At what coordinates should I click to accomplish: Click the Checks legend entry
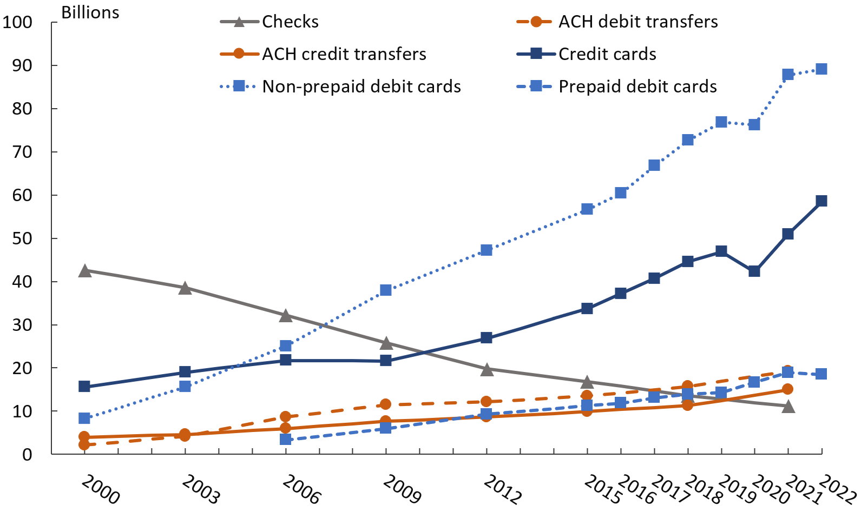click(290, 22)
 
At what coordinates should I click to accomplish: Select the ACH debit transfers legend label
click(637, 22)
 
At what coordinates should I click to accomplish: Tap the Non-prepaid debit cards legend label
click(361, 87)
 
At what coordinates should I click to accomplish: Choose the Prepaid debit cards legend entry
click(637, 87)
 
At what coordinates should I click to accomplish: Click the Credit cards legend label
click(607, 54)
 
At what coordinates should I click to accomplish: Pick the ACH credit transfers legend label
click(344, 54)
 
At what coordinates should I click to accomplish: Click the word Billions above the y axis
click(90, 12)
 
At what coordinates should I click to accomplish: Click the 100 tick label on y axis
click(17, 23)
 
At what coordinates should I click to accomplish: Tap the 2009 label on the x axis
click(402, 489)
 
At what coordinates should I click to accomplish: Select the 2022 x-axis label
click(838, 489)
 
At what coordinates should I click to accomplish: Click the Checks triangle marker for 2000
click(84, 271)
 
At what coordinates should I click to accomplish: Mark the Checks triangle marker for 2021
click(788, 406)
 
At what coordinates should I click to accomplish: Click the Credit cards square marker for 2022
click(821, 201)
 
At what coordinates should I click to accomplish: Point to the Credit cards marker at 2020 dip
click(754, 271)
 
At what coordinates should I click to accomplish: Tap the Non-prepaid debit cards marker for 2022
click(821, 69)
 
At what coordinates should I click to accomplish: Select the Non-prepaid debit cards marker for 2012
click(486, 250)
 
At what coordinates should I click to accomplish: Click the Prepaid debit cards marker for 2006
click(286, 439)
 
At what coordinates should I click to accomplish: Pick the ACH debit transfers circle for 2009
click(385, 404)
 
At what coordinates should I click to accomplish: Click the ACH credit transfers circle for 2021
click(787, 389)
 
